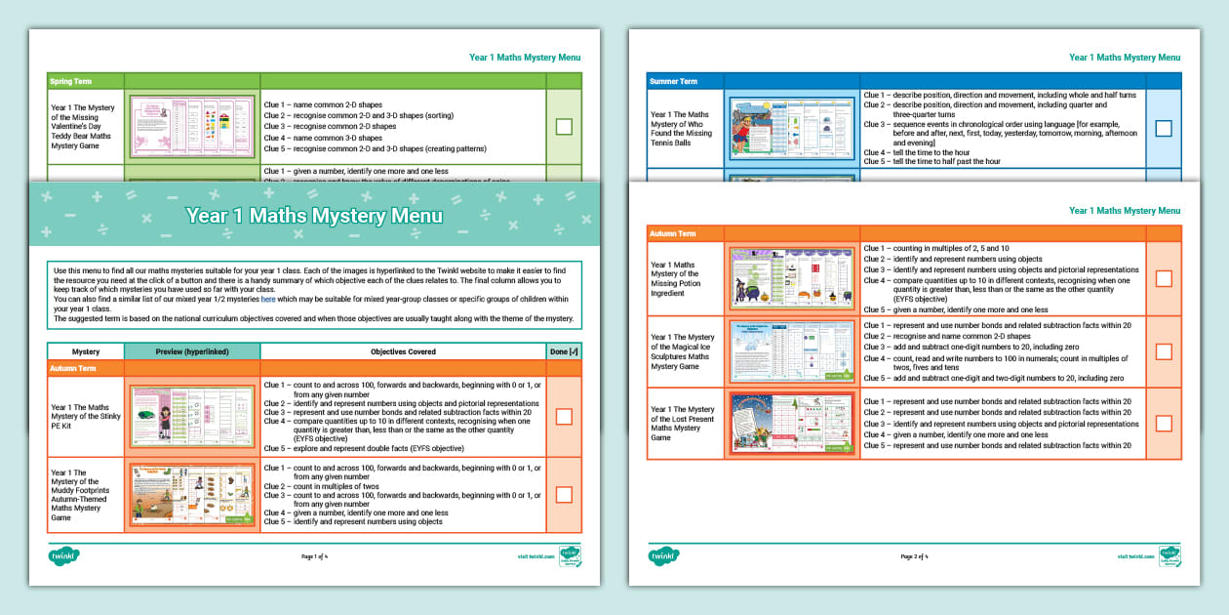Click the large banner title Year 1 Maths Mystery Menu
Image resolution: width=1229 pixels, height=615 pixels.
click(314, 216)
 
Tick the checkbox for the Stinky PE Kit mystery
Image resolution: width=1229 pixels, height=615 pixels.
click(564, 417)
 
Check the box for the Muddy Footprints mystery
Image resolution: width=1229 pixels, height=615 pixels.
click(564, 494)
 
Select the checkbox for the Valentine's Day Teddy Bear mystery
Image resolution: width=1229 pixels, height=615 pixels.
click(564, 126)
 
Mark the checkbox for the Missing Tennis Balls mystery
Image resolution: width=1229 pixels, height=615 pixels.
click(1163, 128)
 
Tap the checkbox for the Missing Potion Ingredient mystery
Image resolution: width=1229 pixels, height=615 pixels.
click(1163, 278)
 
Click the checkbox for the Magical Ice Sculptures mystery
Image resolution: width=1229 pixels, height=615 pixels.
click(1163, 351)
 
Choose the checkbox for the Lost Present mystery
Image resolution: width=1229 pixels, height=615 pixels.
click(1163, 424)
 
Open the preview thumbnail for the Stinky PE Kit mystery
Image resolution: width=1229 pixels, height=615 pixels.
click(192, 417)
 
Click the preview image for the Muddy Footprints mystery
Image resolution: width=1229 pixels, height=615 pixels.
click(192, 495)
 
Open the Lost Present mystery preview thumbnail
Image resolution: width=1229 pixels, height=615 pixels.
click(792, 424)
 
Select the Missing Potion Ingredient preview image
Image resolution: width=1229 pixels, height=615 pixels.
click(792, 278)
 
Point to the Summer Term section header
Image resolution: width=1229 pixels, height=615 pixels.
click(674, 81)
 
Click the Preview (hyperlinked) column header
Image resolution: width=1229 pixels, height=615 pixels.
click(192, 351)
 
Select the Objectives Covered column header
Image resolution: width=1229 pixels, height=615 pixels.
click(403, 351)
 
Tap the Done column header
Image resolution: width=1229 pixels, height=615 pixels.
click(564, 351)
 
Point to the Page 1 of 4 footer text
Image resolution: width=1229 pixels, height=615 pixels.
click(314, 556)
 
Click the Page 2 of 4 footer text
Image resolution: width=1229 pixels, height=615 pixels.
click(913, 556)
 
